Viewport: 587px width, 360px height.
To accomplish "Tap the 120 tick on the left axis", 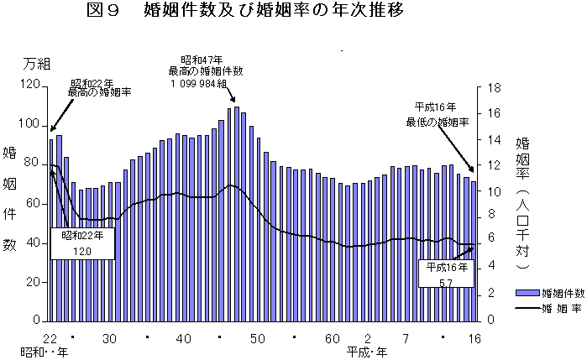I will [29, 86].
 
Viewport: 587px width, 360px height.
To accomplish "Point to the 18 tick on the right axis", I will [493, 88].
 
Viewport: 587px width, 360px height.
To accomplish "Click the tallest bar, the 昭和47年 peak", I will [237, 214].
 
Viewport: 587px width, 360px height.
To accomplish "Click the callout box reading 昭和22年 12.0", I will [82, 243].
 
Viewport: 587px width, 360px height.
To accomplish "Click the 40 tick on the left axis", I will [33, 243].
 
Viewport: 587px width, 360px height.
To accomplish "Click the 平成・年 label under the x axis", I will [366, 352].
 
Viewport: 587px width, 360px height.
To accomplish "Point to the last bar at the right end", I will [474, 251].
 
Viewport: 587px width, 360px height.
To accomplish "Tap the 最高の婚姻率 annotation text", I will [100, 93].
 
